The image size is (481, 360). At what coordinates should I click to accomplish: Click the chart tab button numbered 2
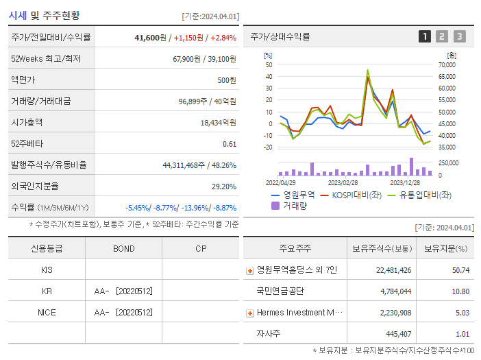pos(442,36)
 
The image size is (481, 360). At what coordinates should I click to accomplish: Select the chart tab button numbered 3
pos(459,36)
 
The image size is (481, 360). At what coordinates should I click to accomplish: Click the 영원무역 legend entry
pos(294,195)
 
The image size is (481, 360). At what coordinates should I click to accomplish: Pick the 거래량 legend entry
pos(291,205)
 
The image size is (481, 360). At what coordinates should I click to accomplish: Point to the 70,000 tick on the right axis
pos(447,64)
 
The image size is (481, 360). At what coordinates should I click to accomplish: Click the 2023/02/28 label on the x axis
pos(343,182)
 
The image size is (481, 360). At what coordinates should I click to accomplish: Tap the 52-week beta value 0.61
pos(230,144)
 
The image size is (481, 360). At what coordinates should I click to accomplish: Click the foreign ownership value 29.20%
pos(223,187)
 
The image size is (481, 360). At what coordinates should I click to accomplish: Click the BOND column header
pos(123,248)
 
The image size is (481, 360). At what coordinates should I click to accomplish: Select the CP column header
pos(201,248)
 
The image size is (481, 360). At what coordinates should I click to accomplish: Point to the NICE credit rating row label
pos(47,312)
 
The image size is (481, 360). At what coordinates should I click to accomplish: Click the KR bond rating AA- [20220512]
pos(123,291)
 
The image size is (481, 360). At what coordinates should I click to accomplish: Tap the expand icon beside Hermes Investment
pos(250,313)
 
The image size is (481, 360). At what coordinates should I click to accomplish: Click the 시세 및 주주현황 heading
pos(44,14)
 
